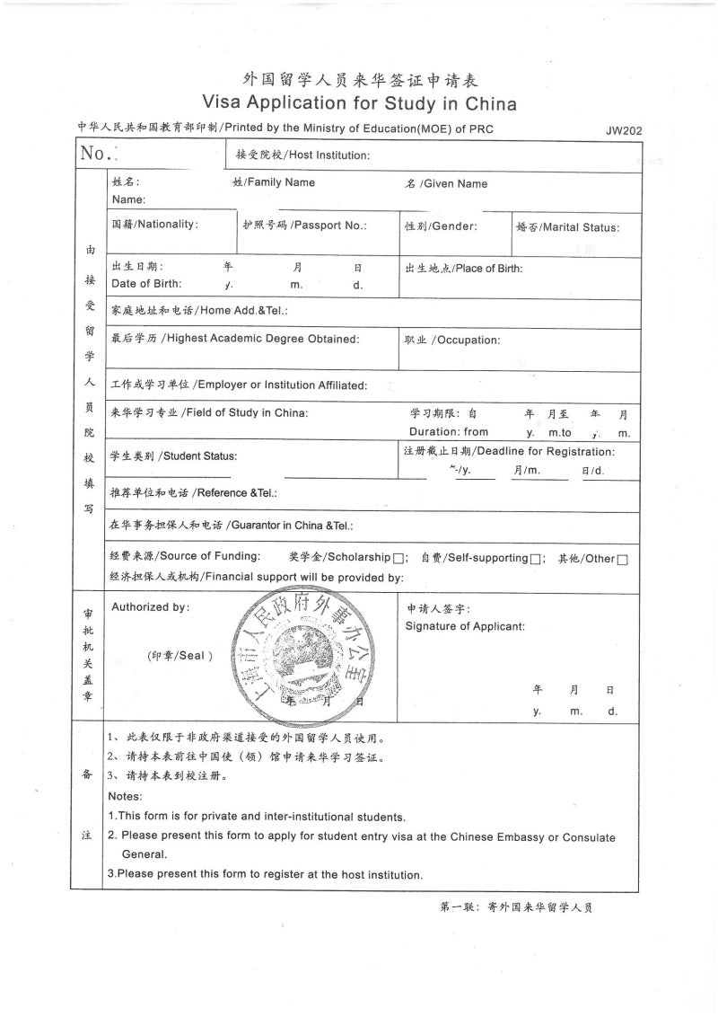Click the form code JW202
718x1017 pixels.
[x=624, y=130]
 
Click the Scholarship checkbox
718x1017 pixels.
[x=398, y=559]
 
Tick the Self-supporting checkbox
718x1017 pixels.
[x=535, y=559]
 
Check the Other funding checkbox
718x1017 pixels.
[x=622, y=559]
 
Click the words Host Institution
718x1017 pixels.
[x=329, y=155]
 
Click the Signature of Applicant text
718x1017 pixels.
[x=465, y=626]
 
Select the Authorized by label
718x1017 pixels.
[x=150, y=607]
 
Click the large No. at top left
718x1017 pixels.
[x=96, y=154]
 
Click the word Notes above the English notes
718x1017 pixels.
[x=125, y=797]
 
